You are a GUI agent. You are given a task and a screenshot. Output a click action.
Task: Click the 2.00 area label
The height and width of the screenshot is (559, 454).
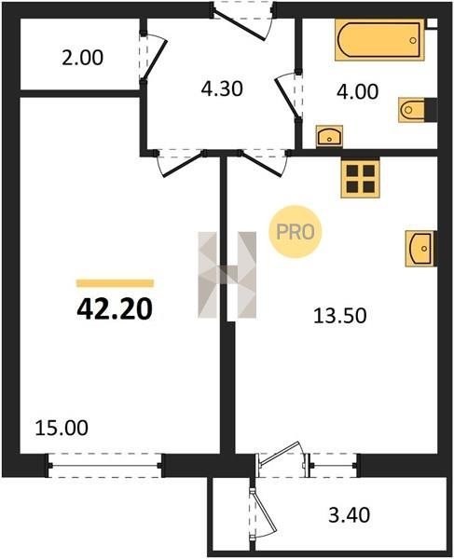(82, 58)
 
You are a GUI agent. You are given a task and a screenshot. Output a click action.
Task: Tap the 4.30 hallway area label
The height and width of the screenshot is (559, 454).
(222, 89)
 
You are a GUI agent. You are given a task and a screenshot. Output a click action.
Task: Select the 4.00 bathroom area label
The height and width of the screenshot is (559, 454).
(357, 91)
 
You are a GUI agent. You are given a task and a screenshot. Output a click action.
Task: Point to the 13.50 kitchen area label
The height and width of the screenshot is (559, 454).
(340, 316)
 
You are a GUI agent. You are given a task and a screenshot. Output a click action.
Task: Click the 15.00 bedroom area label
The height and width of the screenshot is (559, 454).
(62, 428)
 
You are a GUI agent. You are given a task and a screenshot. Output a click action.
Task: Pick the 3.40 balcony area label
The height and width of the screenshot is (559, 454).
(350, 515)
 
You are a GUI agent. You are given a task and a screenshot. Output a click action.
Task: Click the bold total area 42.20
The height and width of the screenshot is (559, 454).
(115, 308)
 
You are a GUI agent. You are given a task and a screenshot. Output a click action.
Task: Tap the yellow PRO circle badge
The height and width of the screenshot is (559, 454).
(296, 231)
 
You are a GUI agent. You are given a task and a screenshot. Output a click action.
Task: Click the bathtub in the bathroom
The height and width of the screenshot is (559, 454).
(379, 40)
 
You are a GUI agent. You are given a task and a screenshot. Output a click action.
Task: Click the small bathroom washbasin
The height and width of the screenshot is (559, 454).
(329, 136)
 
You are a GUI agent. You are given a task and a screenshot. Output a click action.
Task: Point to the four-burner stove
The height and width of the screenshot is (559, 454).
(360, 178)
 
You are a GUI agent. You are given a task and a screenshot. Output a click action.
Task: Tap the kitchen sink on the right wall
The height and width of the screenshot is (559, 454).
(420, 249)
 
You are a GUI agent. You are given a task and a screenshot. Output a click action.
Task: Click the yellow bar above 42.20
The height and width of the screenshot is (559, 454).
(115, 283)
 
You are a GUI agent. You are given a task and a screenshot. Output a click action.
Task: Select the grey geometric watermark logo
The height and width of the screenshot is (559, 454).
(227, 275)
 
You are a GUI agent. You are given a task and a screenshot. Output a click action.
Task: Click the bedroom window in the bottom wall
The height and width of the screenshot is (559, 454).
(104, 465)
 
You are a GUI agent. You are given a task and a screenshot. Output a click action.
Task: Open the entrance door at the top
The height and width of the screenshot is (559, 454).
(242, 20)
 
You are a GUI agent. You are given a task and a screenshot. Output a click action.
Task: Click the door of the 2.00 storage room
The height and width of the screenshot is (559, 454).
(153, 57)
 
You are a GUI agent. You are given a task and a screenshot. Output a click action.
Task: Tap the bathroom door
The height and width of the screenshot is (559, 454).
(289, 94)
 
